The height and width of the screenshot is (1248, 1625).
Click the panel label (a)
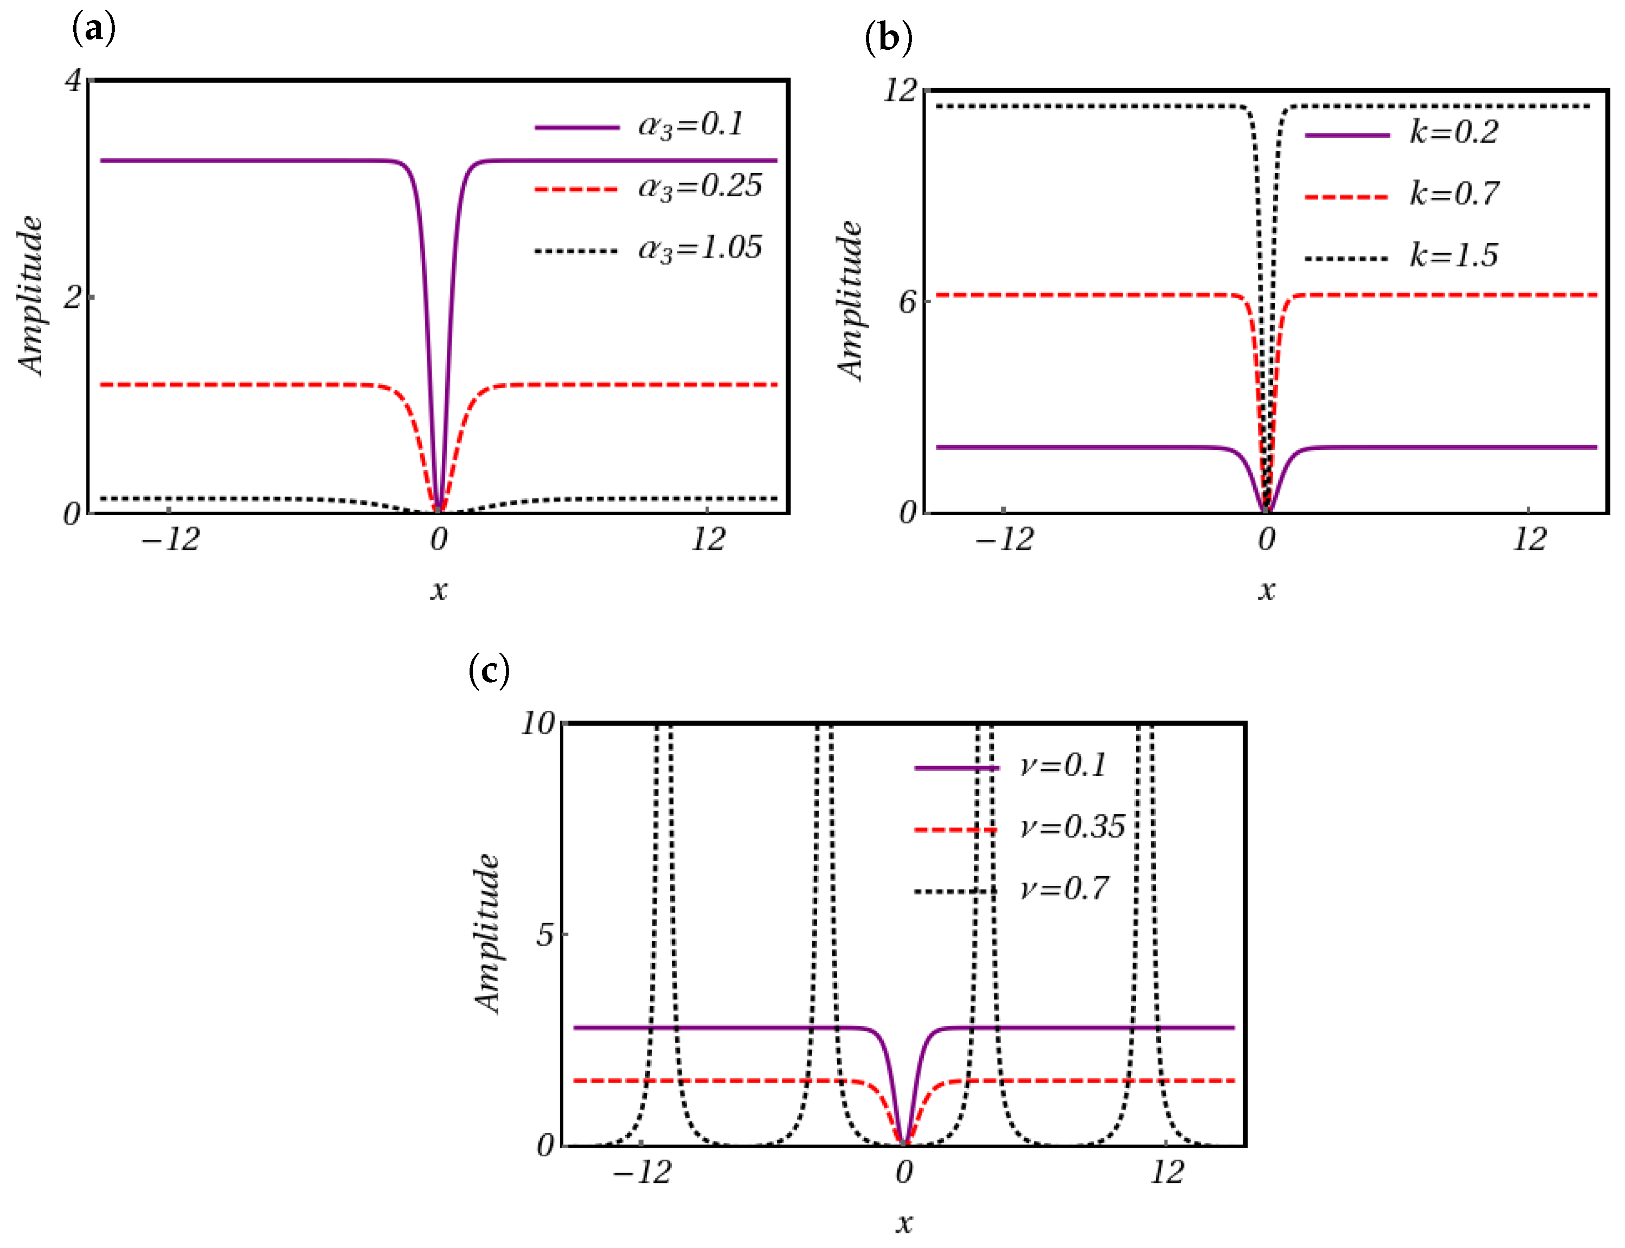[x=94, y=30]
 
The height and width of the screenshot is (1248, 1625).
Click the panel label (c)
[x=489, y=671]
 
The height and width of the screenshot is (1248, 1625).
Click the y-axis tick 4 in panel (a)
[x=73, y=80]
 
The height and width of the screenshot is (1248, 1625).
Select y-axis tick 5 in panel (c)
[x=545, y=935]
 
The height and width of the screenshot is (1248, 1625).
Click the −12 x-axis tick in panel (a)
[x=171, y=540]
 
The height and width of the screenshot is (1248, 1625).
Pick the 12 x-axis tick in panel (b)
[x=1529, y=540]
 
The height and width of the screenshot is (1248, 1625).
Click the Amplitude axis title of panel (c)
[x=487, y=934]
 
